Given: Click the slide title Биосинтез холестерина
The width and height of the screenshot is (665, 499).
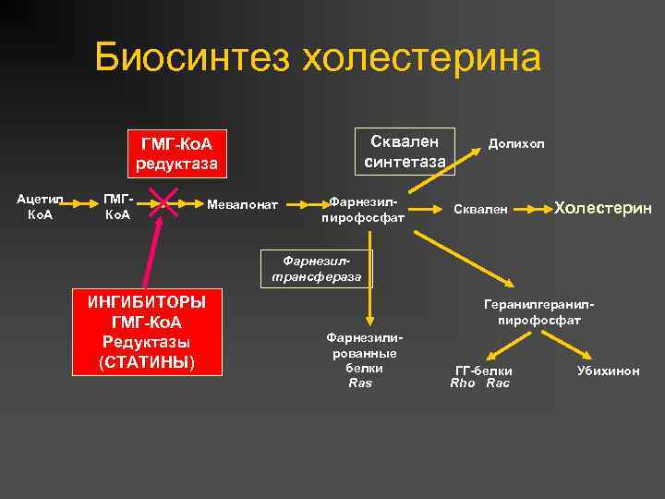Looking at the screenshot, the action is [317, 58].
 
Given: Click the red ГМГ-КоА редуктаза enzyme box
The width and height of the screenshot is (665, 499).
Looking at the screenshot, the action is [176, 153].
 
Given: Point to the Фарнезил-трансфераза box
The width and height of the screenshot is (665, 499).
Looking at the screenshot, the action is [317, 268].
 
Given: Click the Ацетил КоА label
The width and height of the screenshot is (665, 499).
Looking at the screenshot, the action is [38, 207].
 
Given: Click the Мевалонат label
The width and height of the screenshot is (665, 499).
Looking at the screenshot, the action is [243, 203].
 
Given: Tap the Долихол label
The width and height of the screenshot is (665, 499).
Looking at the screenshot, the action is [516, 144].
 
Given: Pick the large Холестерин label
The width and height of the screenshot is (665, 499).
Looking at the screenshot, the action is [603, 208].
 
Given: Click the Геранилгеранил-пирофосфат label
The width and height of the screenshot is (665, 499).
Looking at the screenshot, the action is [538, 311].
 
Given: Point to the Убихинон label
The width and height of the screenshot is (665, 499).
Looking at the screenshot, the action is [608, 371].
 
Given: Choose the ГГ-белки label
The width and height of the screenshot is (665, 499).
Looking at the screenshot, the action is [483, 371].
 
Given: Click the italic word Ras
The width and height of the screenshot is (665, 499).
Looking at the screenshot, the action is [360, 383].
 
